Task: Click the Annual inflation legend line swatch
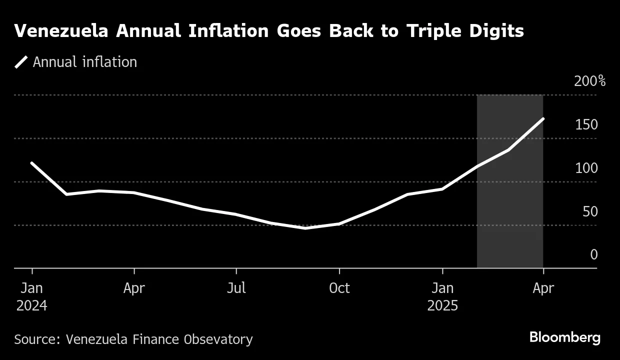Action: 21,62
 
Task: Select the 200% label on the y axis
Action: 589,81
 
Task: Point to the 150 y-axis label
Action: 586,124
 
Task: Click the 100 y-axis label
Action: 586,168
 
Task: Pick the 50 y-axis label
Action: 590,211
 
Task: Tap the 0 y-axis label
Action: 594,255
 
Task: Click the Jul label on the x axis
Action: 236,288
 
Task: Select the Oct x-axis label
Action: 339,288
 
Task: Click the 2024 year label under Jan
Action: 31,305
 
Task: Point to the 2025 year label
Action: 442,305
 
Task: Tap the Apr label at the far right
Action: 543,288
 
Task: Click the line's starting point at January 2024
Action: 31,163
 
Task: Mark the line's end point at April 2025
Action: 543,119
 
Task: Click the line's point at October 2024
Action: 339,224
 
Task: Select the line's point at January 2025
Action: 442,189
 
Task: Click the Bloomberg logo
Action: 565,338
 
